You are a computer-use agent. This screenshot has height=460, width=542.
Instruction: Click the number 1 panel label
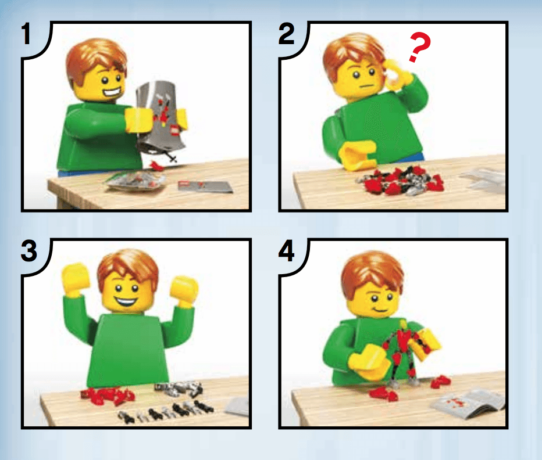click(26, 34)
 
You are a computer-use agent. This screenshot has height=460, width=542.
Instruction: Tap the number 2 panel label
click(287, 34)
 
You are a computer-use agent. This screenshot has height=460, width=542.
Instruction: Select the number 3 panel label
click(29, 251)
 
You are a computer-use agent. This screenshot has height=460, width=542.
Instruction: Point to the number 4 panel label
click(287, 251)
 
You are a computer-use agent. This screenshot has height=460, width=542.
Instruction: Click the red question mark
click(419, 48)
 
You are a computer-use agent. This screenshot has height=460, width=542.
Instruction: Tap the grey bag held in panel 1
click(161, 116)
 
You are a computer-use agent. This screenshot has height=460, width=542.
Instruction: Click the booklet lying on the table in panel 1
click(205, 186)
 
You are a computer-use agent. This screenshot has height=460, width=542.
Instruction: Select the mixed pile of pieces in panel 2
click(400, 180)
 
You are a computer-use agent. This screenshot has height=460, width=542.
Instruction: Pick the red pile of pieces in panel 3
click(108, 395)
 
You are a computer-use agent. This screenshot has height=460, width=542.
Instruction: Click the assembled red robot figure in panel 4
click(404, 355)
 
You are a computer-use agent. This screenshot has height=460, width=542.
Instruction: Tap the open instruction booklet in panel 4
click(468, 401)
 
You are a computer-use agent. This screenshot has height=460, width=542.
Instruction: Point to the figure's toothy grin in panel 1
click(113, 92)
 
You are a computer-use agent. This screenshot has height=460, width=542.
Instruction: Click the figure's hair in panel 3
click(128, 266)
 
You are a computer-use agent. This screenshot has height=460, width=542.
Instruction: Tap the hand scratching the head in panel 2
click(398, 74)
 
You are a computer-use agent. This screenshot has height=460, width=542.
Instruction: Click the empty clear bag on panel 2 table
click(483, 178)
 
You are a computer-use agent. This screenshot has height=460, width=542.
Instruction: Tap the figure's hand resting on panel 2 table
click(358, 156)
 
